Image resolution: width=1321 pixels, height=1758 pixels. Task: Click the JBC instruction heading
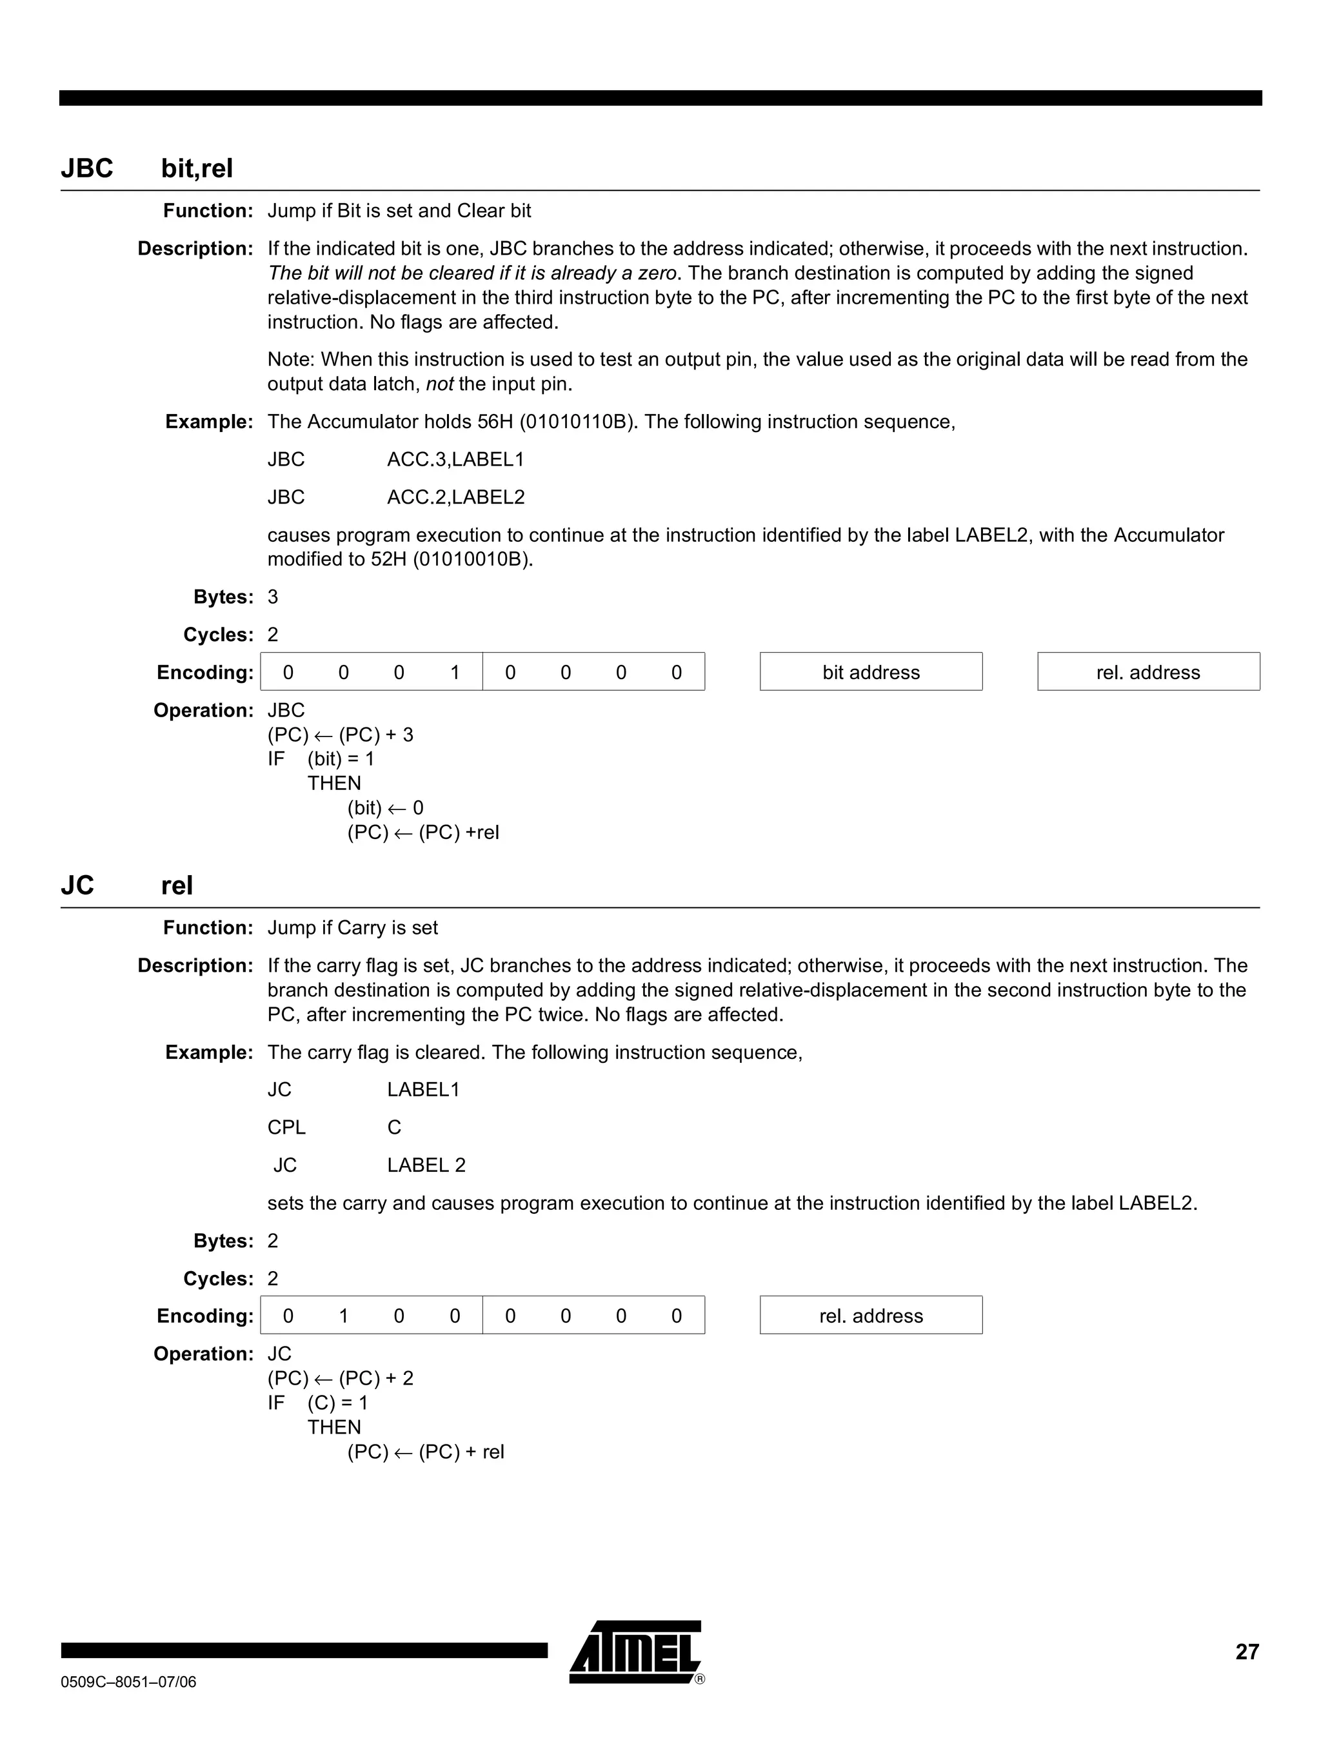tap(88, 168)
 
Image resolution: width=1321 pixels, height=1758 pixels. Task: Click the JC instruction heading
tap(78, 885)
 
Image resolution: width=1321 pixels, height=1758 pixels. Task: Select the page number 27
tap(1246, 1652)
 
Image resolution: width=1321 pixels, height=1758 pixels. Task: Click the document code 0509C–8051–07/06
tap(128, 1682)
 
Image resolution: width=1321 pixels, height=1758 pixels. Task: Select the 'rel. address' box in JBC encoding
tap(1147, 673)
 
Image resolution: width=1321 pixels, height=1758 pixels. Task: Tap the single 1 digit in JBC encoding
tap(455, 673)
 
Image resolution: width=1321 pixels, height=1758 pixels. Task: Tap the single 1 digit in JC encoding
tap(343, 1316)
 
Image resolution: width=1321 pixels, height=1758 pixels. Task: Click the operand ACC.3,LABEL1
tap(455, 459)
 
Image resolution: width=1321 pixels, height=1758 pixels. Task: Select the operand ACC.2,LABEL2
tap(455, 497)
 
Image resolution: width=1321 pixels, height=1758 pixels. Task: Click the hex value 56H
tap(496, 421)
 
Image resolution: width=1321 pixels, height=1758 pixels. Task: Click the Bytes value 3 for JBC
tap(273, 597)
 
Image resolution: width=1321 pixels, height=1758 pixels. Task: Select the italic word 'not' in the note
tap(439, 384)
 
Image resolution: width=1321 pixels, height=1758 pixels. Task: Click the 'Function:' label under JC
tap(208, 927)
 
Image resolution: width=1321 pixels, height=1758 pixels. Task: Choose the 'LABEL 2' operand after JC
tap(426, 1165)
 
